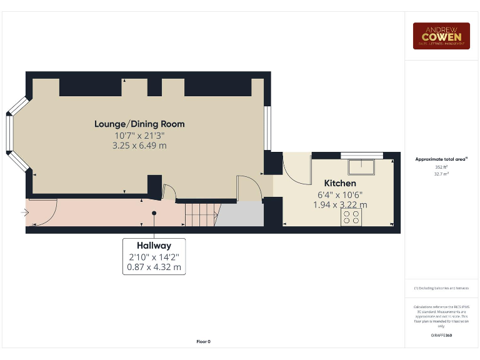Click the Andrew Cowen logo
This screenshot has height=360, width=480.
pos(441,36)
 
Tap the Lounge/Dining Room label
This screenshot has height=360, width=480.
pos(139,124)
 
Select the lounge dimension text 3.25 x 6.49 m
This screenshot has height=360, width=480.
pos(139,146)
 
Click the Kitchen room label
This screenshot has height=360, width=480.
pos(340,183)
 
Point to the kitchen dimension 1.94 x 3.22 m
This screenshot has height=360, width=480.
pos(340,204)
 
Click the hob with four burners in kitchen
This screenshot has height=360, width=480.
pos(351,217)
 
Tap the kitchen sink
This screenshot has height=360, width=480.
pos(361,165)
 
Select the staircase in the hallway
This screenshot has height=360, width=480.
pos(200,216)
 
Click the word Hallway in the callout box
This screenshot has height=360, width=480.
pos(154,246)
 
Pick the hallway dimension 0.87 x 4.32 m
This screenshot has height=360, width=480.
pos(154,267)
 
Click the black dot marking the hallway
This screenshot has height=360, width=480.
pos(154,213)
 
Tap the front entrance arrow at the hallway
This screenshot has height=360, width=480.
pos(24,213)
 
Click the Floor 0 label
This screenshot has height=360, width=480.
pos(204,341)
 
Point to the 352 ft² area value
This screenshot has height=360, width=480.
pos(441,167)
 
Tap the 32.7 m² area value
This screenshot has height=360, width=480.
pos(441,174)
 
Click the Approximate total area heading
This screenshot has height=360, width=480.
pos(441,159)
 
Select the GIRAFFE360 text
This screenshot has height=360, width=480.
pos(441,336)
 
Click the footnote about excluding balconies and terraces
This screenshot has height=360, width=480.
pos(441,288)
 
